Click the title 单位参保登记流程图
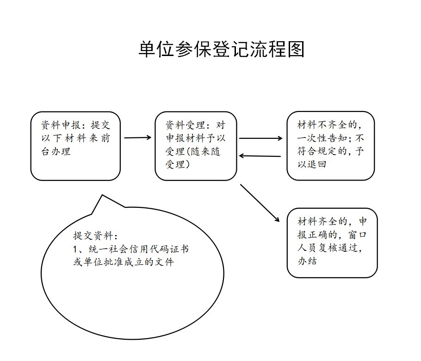click(x=221, y=50)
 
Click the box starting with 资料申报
click(x=76, y=146)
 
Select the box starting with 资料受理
click(x=196, y=146)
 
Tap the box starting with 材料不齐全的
click(x=330, y=146)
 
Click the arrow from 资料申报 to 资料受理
click(x=138, y=137)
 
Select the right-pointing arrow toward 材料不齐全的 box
click(x=260, y=138)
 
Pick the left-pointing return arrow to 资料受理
click(x=260, y=156)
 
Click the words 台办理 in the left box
click(x=56, y=151)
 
